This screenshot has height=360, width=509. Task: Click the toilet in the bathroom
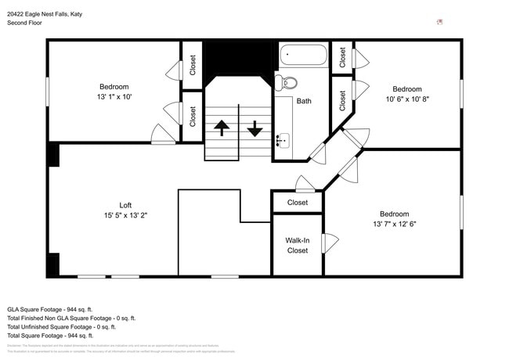pyautogui.click(x=289, y=81)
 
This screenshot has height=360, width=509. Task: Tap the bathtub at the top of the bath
pyautogui.click(x=303, y=56)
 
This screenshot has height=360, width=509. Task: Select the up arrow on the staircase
pyautogui.click(x=222, y=128)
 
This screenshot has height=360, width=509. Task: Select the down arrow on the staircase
pyautogui.click(x=254, y=128)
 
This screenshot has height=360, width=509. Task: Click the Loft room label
pyautogui.click(x=125, y=205)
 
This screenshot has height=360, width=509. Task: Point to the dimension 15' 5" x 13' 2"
pyautogui.click(x=125, y=215)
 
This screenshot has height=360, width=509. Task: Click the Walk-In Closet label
pyautogui.click(x=297, y=246)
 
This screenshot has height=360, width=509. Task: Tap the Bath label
pyautogui.click(x=304, y=101)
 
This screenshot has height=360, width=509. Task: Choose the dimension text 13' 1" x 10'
pyautogui.click(x=114, y=96)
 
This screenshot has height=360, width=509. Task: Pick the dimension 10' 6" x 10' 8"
pyautogui.click(x=407, y=99)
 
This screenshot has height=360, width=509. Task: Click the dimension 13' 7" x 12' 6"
pyautogui.click(x=394, y=224)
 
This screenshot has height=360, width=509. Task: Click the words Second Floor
pyautogui.click(x=26, y=23)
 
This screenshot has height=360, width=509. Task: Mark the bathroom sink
pyautogui.click(x=282, y=141)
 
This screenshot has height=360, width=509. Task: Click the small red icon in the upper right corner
pyautogui.click(x=439, y=22)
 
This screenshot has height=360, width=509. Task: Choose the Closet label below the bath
pyautogui.click(x=298, y=203)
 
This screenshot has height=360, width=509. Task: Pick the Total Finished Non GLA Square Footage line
pyautogui.click(x=71, y=318)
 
